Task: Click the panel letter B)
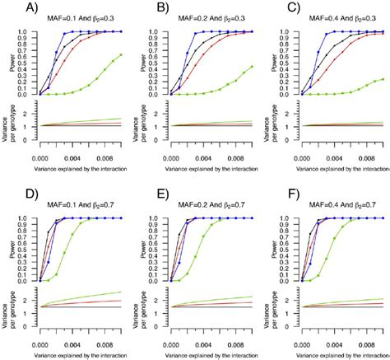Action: (142, 10)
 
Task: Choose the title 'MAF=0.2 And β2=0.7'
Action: (207, 203)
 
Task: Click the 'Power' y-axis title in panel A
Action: (12, 63)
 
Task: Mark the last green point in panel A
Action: (121, 55)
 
